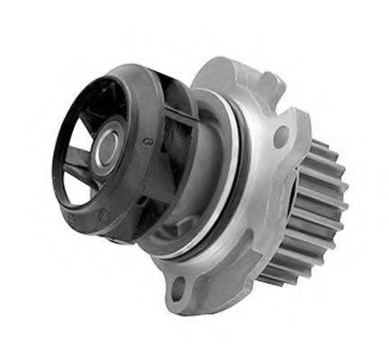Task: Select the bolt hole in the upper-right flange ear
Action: pyautogui.click(x=280, y=137)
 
